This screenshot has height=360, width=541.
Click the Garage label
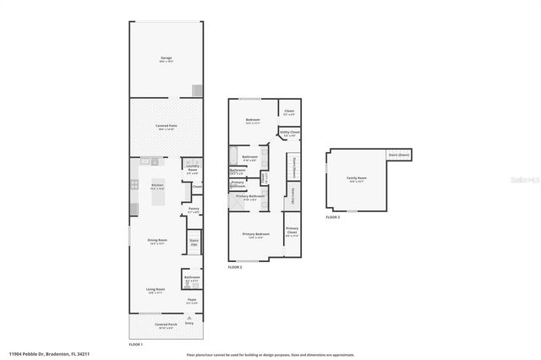tap(167, 58)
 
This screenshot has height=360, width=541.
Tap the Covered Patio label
tap(166, 126)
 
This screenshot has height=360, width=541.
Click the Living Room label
tap(155, 289)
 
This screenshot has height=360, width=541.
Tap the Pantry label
tap(194, 209)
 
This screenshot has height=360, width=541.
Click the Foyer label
tap(192, 299)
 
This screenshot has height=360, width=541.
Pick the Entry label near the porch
tap(189, 323)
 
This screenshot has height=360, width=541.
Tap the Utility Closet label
tap(290, 133)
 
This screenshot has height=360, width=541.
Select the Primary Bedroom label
tap(255, 235)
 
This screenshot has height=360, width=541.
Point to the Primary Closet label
tap(292, 230)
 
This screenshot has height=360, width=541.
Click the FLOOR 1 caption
tap(135, 345)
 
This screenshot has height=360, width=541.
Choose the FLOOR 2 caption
tap(234, 267)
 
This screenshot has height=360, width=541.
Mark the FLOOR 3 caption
tap(332, 217)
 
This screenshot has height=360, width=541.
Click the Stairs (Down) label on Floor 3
tap(398, 155)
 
